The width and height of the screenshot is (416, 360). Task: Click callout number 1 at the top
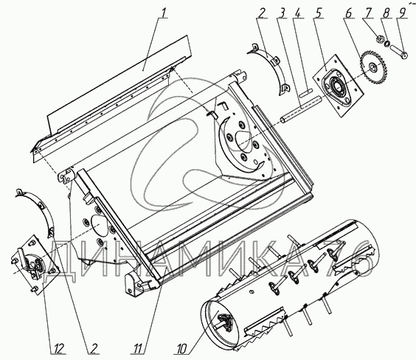pos(164,13)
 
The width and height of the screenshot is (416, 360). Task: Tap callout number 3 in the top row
pos(283,13)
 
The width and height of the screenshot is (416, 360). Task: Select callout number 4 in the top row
pos(299,13)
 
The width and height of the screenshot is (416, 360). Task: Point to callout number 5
pos(319,13)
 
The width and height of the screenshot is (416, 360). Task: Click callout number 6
pos(349,13)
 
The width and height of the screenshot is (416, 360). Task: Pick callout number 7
pos(369,13)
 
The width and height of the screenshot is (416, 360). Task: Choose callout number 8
pos(386,13)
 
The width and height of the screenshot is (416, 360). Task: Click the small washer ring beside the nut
pos(387,44)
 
